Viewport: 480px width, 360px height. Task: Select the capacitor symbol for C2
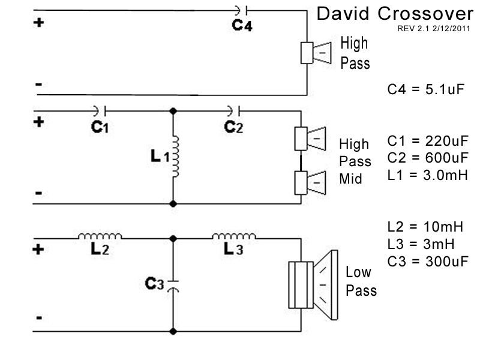[x=234, y=110]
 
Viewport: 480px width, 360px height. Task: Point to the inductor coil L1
[x=175, y=157]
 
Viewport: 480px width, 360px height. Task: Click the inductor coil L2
[x=100, y=236]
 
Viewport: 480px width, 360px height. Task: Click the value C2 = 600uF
[x=427, y=159]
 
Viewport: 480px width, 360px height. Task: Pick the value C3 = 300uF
[x=427, y=261]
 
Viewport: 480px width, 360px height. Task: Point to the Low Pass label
[x=361, y=281]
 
